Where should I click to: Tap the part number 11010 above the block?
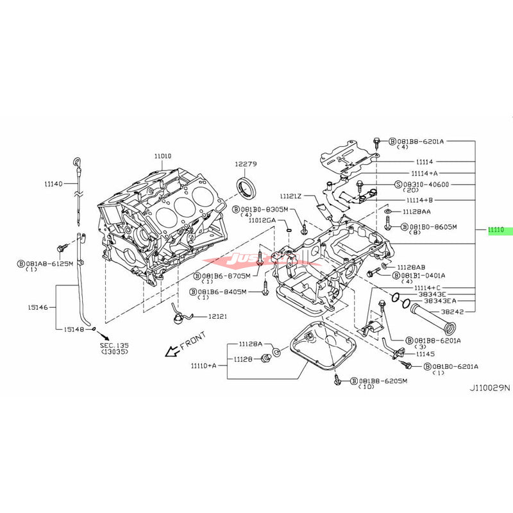(x=162, y=155)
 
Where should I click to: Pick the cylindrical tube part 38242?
(x=432, y=317)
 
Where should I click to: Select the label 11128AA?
(x=417, y=211)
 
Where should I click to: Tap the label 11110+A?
(x=203, y=366)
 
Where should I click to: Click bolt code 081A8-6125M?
(x=48, y=263)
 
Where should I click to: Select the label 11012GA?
(x=262, y=220)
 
